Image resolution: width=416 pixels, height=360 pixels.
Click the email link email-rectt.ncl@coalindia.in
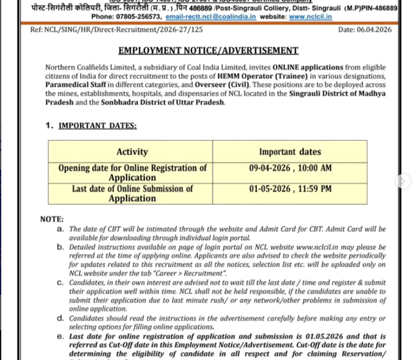click(211, 17)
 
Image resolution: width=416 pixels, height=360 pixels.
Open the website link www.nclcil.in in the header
click(310, 17)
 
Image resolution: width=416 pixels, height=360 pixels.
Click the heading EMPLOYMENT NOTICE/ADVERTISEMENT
click(209, 51)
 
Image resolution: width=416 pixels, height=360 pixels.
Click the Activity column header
click(132, 152)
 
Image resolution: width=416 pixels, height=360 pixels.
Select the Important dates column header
click(290, 152)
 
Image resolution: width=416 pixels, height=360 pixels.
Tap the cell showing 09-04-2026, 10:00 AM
click(291, 168)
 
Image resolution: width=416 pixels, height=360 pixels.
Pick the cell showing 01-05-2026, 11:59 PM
click(291, 189)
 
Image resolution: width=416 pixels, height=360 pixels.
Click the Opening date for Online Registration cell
click(132, 173)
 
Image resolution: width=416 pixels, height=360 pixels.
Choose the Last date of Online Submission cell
click(132, 193)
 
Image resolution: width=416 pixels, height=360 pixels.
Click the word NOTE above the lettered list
click(52, 219)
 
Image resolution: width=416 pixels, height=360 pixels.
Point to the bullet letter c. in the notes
click(60, 282)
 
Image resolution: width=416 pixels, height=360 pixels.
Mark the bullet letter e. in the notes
click(60, 336)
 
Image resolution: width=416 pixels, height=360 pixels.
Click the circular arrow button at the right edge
click(403, 181)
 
